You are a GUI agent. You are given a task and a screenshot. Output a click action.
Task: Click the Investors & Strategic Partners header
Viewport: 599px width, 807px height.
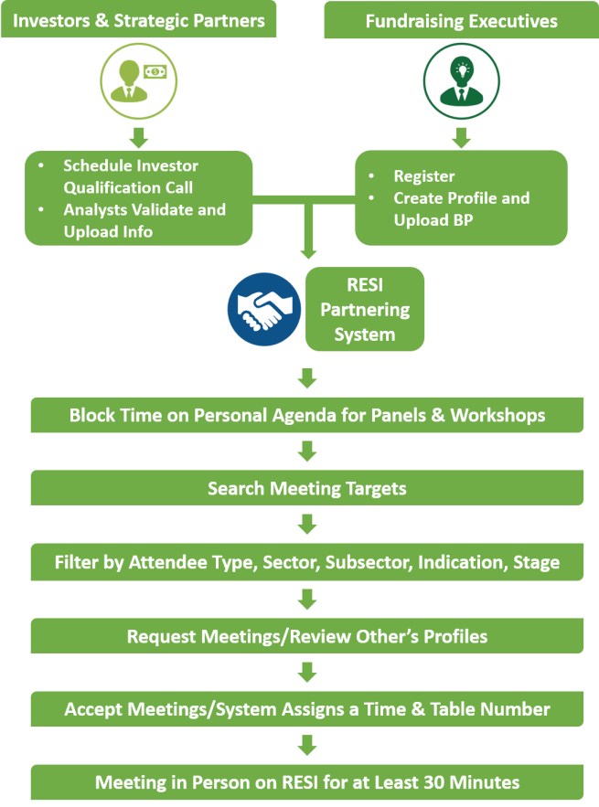coord(139,19)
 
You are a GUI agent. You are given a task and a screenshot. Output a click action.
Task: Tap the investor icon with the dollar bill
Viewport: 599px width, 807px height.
coord(139,81)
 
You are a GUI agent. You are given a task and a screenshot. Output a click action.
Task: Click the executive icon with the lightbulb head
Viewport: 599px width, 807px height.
coord(462,81)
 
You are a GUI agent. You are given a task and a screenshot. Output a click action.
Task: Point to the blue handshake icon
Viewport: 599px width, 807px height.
coord(264,309)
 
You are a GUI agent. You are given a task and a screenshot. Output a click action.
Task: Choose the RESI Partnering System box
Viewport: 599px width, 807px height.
coord(365,309)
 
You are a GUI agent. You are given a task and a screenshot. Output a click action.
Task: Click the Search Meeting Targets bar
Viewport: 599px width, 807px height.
coord(307,488)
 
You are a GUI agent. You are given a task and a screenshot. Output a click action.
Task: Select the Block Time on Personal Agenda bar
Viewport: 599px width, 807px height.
coord(307,415)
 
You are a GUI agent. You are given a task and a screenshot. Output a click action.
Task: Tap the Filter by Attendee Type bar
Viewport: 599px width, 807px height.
coord(307,562)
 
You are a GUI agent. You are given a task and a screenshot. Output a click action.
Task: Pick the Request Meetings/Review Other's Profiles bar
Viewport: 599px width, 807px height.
coord(307,636)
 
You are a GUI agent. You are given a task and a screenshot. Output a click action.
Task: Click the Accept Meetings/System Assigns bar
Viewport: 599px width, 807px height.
coord(307,709)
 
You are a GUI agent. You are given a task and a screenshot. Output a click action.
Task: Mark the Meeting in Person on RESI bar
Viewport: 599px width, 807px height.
coord(307,782)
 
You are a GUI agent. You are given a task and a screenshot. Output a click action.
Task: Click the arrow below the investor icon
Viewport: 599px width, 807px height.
coord(139,137)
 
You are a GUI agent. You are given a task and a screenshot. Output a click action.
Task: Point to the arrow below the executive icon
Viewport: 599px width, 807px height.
coord(462,137)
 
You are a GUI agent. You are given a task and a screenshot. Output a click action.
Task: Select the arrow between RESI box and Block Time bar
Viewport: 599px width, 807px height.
coord(307,377)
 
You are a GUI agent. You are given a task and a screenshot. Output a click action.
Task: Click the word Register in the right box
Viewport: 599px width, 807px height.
coord(424,176)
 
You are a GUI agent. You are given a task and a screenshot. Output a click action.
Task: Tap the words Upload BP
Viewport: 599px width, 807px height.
coord(433,220)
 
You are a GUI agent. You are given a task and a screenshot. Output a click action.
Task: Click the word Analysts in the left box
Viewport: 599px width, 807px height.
coord(95,210)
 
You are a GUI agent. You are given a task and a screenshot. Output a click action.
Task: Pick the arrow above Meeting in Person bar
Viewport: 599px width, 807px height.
coord(307,745)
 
